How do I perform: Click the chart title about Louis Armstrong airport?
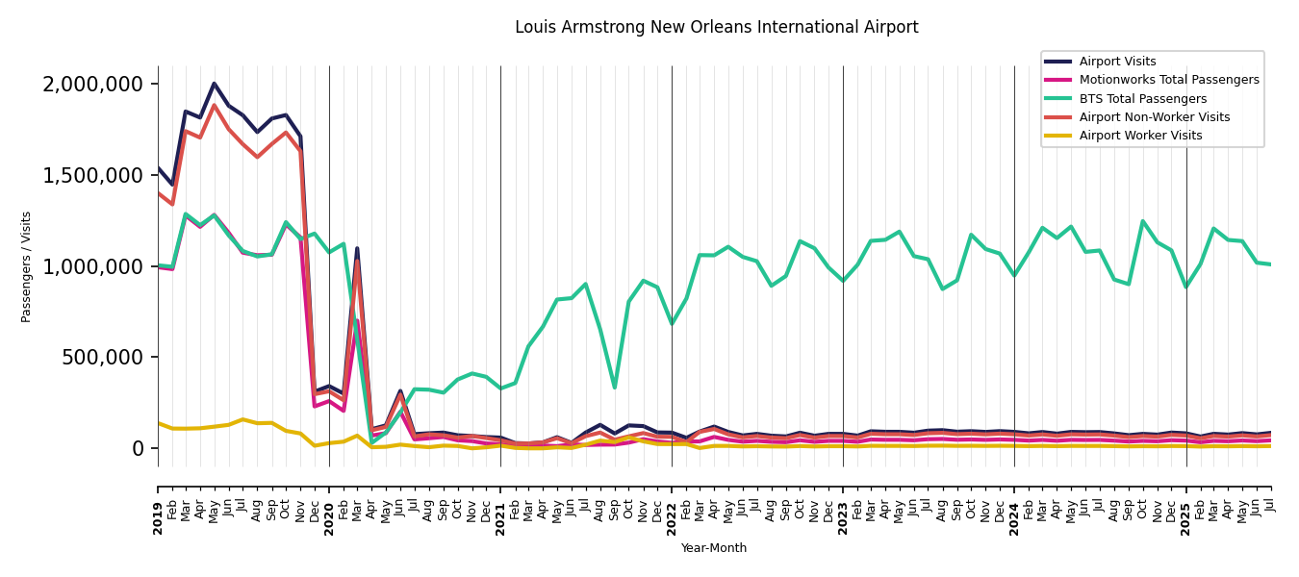(716, 28)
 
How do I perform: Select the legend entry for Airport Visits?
(1117, 62)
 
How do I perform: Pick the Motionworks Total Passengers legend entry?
(1168, 80)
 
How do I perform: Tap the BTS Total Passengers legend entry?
(1142, 99)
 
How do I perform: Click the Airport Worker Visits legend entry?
(1140, 136)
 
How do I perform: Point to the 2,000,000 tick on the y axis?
(93, 85)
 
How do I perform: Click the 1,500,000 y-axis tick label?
(93, 175)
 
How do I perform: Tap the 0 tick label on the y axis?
(138, 448)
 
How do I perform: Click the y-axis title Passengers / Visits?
(27, 266)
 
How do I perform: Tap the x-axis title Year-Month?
(713, 548)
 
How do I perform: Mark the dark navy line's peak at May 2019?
(215, 84)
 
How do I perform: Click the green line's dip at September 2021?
(614, 388)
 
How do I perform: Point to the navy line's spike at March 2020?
(357, 248)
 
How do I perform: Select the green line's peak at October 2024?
(1142, 221)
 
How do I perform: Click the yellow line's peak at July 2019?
(242, 419)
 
